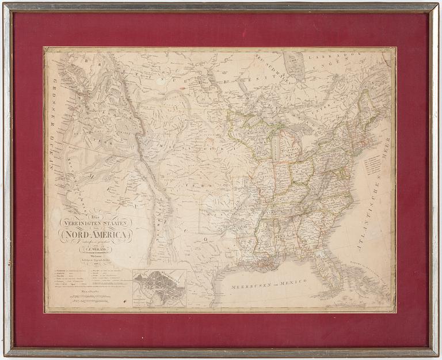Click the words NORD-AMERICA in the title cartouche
[x=96, y=234]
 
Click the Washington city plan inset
[x=159, y=287]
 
